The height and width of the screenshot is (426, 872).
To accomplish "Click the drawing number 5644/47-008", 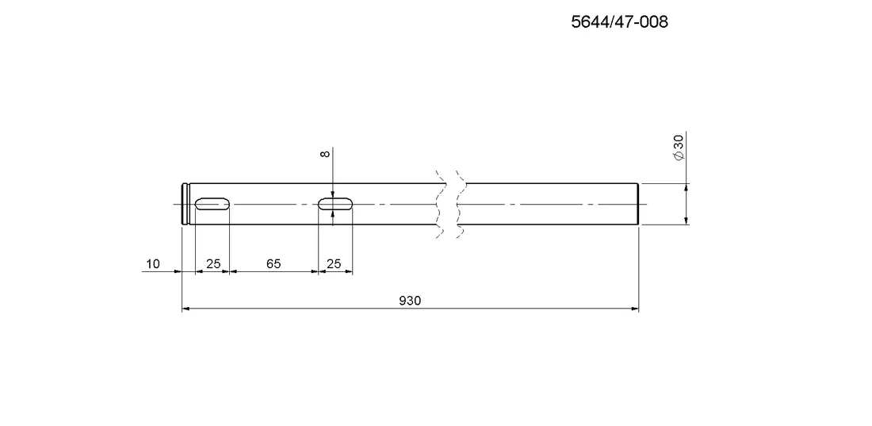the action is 620,21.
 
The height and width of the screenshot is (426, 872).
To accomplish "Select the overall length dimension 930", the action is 410,301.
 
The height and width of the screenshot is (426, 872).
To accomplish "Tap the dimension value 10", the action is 152,263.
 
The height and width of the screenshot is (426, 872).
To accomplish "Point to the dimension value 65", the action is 273,263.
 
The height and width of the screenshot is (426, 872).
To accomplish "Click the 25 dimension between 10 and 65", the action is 213,263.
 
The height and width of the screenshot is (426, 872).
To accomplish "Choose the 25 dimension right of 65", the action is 334,263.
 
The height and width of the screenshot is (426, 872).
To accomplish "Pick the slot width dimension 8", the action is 326,153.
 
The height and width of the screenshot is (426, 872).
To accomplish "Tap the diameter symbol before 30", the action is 679,156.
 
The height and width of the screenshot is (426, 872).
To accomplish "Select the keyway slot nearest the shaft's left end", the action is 212,204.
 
